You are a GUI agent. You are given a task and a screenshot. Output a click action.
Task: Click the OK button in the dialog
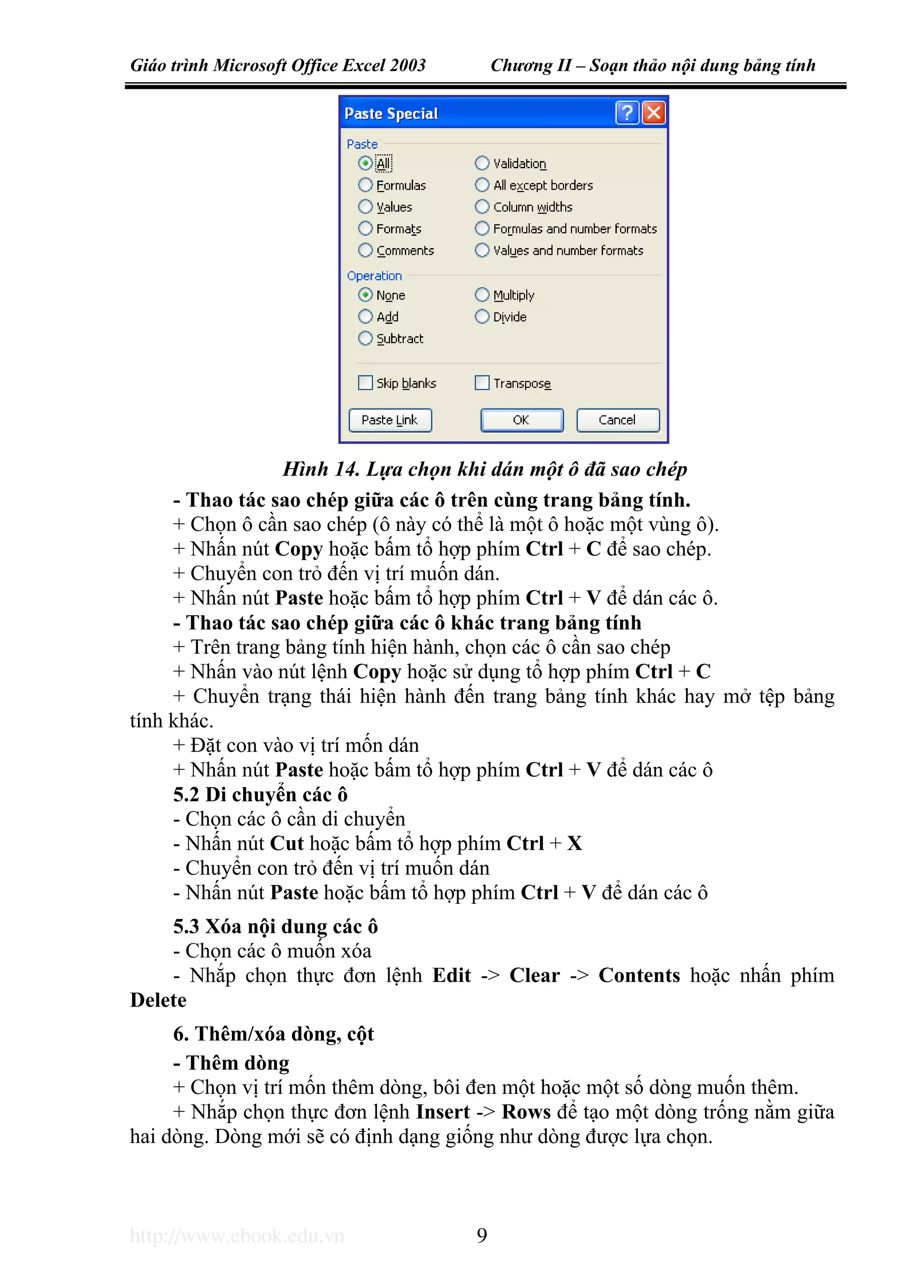(521, 420)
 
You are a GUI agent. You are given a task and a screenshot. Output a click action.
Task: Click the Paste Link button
(390, 420)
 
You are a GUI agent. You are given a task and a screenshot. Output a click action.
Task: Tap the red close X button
(654, 113)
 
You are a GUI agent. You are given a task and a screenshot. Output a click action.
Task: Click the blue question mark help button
(627, 113)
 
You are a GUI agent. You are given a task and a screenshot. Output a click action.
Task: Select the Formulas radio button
(365, 185)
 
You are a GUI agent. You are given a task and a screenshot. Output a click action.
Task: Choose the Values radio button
(365, 207)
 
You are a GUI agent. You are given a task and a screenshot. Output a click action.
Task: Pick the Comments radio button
(365, 250)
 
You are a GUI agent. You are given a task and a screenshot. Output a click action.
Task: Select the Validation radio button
(481, 163)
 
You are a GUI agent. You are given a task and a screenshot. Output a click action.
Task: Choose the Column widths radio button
(481, 207)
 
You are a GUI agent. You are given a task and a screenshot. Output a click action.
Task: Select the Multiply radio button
(481, 295)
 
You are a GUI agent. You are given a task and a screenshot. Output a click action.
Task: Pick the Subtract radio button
(365, 338)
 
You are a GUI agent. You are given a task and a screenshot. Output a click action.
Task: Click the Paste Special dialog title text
(391, 113)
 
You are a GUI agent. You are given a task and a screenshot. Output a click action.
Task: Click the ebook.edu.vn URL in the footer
(237, 1235)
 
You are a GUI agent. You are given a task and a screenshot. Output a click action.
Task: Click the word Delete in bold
(158, 1000)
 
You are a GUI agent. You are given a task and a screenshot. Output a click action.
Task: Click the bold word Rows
(526, 1112)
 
